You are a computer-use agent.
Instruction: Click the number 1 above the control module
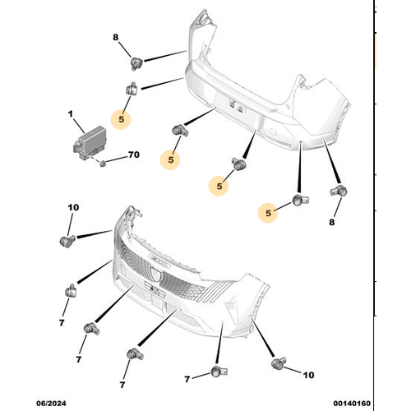pyautogui.click(x=70, y=113)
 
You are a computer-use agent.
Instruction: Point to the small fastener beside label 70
pyautogui.click(x=102, y=164)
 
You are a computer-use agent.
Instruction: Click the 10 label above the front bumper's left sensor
pyautogui.click(x=73, y=208)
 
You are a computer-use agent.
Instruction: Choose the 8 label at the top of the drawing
pyautogui.click(x=116, y=37)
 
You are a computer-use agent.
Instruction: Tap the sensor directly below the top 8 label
pyautogui.click(x=136, y=60)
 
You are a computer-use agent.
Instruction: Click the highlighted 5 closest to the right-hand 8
pyautogui.click(x=268, y=213)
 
